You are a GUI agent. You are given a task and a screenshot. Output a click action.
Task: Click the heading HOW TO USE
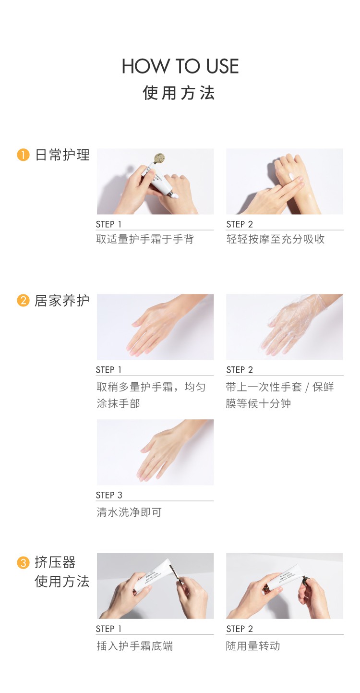(180, 66)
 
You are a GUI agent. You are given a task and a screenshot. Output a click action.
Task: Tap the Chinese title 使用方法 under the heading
(179, 93)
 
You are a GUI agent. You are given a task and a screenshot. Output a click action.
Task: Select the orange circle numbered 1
(23, 155)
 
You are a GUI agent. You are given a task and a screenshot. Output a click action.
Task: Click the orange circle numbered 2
(23, 301)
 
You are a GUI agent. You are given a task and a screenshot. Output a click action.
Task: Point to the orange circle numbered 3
(23, 562)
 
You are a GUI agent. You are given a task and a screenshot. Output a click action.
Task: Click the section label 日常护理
(62, 155)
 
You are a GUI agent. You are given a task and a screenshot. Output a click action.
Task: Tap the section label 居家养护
(62, 301)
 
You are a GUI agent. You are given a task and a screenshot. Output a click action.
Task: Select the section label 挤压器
(55, 562)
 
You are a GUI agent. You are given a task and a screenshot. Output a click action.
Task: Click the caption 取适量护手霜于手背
(145, 239)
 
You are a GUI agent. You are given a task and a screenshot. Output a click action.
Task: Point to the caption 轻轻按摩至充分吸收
(275, 239)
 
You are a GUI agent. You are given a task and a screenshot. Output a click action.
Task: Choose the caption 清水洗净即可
(129, 512)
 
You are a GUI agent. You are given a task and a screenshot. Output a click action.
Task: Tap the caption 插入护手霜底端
(134, 646)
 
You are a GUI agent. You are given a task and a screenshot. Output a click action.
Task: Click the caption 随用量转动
(253, 646)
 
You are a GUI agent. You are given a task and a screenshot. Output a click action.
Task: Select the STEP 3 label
(109, 495)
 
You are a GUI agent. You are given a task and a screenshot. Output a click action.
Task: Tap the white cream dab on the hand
(293, 176)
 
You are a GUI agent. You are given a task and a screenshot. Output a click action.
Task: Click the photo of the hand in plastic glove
(285, 327)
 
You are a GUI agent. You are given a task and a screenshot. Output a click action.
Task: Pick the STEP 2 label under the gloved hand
(240, 370)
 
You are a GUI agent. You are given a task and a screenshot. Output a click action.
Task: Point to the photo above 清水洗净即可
(155, 452)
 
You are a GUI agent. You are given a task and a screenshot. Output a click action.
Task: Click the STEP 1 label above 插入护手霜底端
(108, 629)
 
